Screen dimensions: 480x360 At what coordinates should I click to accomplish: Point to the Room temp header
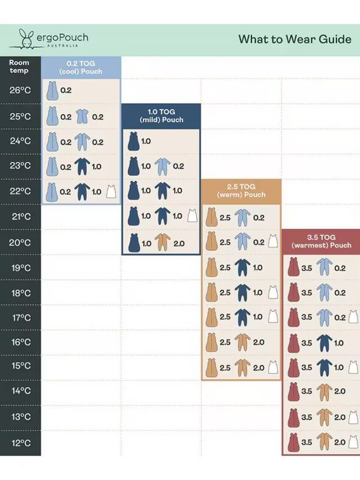(x=19, y=66)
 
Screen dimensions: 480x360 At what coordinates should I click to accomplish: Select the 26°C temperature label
(x=20, y=90)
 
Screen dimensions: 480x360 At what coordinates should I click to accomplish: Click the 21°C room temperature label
(x=20, y=216)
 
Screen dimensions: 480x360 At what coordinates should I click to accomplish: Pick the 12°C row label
(x=20, y=443)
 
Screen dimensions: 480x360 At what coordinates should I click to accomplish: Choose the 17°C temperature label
(x=20, y=317)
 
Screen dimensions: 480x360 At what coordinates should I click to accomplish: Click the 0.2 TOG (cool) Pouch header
(x=81, y=68)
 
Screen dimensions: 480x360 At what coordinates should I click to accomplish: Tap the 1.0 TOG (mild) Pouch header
(x=161, y=116)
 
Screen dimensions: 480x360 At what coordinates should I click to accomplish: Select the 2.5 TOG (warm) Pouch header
(x=241, y=190)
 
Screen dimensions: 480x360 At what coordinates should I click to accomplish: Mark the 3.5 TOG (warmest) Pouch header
(x=321, y=241)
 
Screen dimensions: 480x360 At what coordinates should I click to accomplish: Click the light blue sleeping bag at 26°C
(x=52, y=90)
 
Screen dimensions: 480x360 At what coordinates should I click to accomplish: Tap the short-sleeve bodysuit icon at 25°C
(x=82, y=117)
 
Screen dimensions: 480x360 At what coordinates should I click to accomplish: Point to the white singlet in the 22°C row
(x=111, y=191)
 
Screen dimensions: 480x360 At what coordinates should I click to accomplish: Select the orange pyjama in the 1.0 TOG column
(x=162, y=243)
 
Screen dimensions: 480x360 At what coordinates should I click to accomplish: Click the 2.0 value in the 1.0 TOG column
(x=178, y=243)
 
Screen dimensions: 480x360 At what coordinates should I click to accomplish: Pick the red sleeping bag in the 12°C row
(x=292, y=442)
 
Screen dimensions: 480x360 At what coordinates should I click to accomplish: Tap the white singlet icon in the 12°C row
(x=353, y=442)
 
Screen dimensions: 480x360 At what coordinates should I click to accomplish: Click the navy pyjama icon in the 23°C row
(x=82, y=167)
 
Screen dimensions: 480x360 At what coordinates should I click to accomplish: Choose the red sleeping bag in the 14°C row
(x=292, y=391)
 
